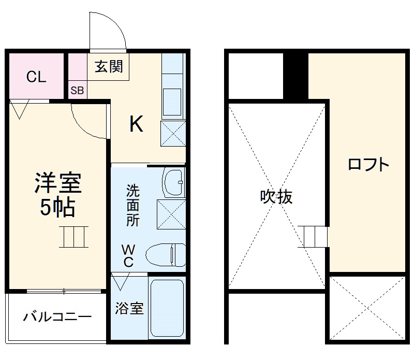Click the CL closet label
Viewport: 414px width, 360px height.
(36, 78)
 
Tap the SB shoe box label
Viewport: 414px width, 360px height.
(77, 91)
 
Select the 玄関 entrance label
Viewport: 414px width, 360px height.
(109, 67)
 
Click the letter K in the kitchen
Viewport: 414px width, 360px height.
(136, 124)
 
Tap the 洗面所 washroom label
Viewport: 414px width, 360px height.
(133, 205)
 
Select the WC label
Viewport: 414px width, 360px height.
(128, 255)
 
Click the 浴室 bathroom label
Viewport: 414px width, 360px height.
(129, 309)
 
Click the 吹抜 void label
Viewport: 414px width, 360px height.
(276, 197)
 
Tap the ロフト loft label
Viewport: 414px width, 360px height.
(368, 165)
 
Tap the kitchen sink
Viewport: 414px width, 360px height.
(172, 102)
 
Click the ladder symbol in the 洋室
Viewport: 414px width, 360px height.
(73, 237)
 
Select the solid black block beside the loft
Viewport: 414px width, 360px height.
(295, 75)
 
